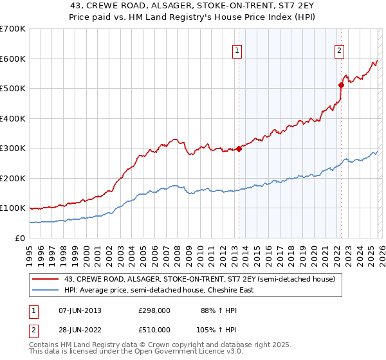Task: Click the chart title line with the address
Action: click(x=192, y=6)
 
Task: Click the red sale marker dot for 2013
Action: click(x=239, y=148)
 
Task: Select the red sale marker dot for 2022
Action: click(x=341, y=84)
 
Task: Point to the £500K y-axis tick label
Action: click(x=13, y=89)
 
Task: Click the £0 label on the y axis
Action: click(x=19, y=239)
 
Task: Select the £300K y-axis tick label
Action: click(x=13, y=148)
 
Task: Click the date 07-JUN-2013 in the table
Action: click(x=80, y=310)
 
